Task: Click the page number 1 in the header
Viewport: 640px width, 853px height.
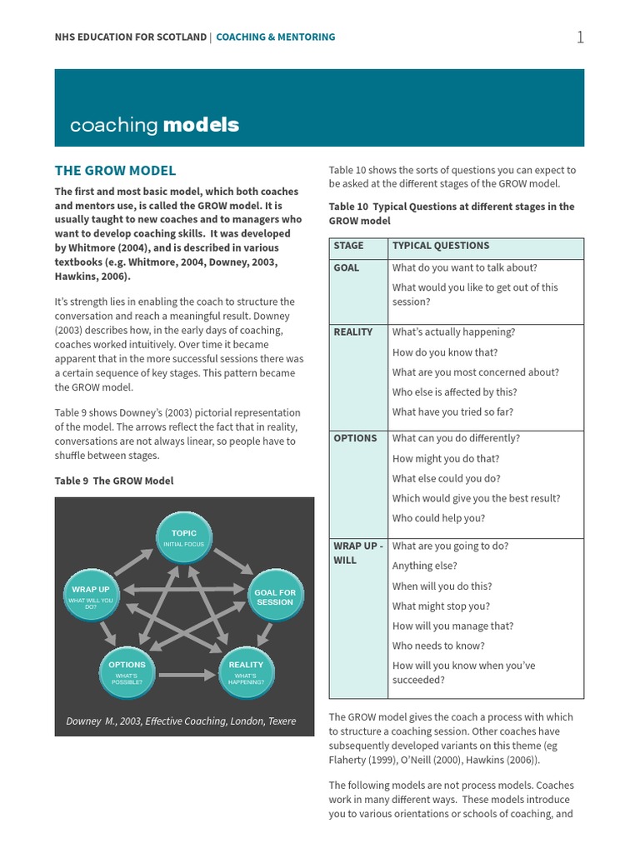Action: [580, 37]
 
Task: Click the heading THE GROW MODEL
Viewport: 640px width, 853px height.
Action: [115, 171]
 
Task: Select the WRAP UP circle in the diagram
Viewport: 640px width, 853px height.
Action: [91, 596]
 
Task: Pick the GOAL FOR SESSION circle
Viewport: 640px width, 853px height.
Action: [275, 596]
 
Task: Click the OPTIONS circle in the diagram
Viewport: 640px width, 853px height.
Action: [127, 671]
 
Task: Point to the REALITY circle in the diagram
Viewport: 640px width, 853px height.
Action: [246, 671]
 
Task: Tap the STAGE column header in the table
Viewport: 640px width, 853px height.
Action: [348, 246]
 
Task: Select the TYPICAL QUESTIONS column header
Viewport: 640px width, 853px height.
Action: [441, 246]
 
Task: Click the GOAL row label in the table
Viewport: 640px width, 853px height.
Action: [346, 267]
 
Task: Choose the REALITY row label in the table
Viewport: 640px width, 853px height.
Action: [352, 332]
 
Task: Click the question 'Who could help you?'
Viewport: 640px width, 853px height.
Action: [438, 518]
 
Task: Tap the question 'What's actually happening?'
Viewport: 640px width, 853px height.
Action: [453, 332]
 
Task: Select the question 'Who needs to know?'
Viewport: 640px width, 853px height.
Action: [438, 646]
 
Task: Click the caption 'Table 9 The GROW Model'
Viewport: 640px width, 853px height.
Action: [114, 481]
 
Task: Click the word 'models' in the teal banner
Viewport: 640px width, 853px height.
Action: [201, 125]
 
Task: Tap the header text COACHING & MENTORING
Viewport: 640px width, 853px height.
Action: [276, 37]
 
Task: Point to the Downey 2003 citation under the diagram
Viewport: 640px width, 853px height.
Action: [181, 721]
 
